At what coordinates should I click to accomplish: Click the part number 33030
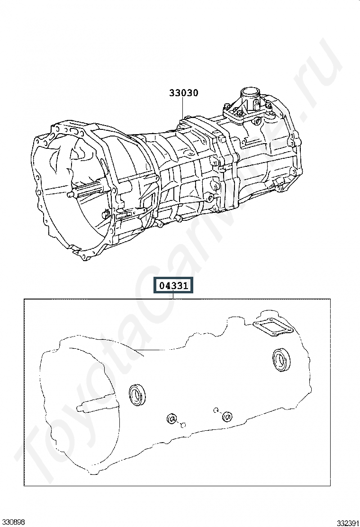point(183,93)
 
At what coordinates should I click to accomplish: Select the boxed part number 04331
point(174,286)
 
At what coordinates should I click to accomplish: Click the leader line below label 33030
point(183,108)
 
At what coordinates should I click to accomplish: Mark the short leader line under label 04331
point(173,296)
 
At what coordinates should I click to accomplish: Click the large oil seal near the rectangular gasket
point(281,360)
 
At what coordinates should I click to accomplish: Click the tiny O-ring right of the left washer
point(183,425)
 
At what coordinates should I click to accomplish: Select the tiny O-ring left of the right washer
point(216,409)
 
